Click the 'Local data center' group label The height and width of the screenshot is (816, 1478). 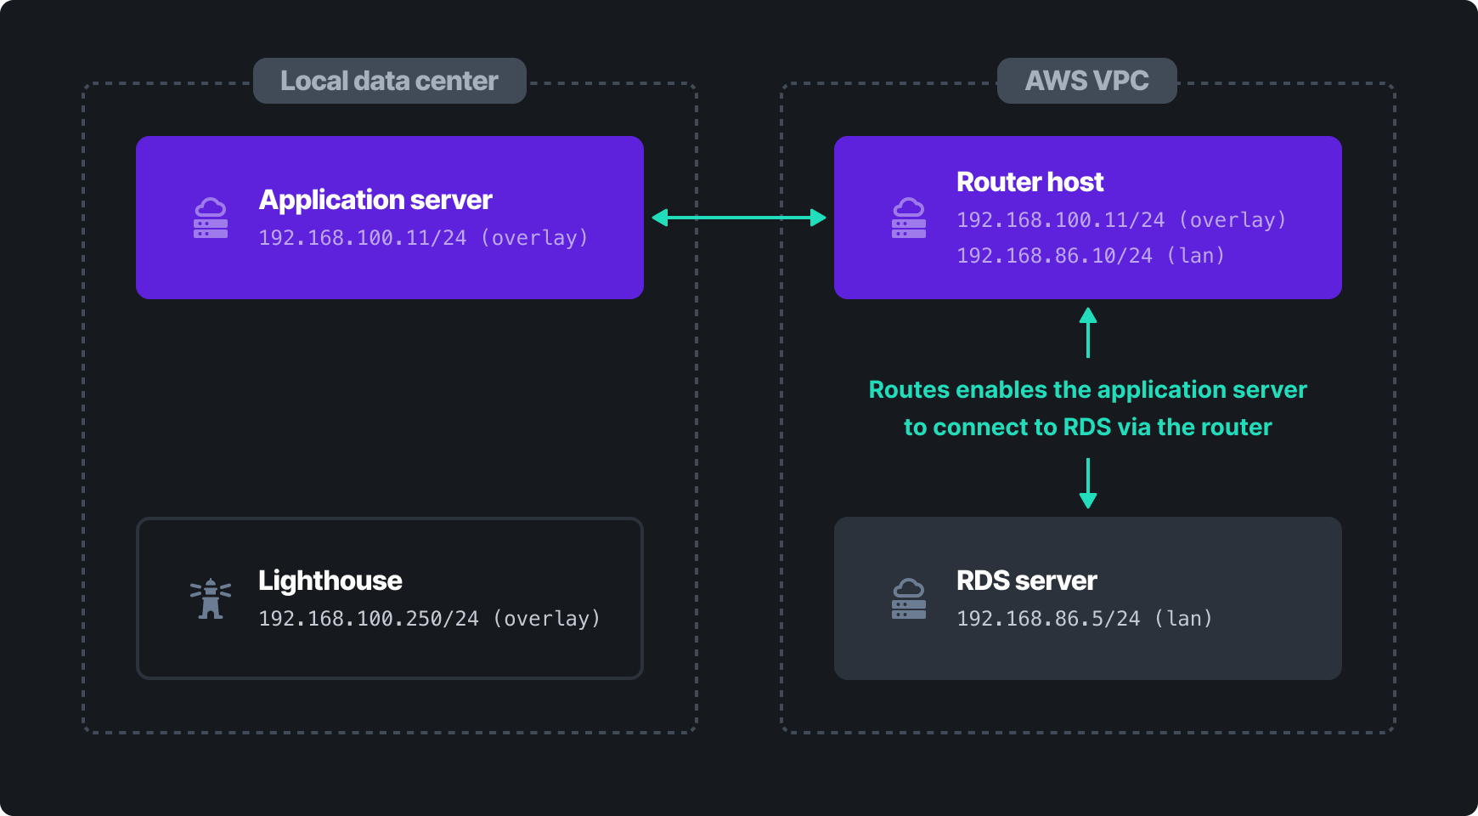[389, 81]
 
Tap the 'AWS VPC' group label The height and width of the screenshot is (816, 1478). [1086, 81]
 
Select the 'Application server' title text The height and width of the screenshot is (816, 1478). [375, 200]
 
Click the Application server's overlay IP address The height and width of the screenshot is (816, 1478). [363, 238]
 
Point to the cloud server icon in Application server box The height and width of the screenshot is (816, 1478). [211, 218]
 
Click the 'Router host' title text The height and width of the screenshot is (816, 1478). [1030, 182]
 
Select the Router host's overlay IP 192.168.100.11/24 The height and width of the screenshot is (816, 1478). [1060, 220]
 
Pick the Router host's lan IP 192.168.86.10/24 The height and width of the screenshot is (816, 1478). [1054, 256]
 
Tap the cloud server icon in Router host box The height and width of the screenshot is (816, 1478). [908, 218]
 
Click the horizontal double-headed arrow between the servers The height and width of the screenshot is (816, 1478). [739, 218]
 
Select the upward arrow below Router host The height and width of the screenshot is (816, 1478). [1087, 332]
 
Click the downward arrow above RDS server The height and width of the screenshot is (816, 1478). [1087, 483]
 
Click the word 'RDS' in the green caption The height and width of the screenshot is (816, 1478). [1087, 427]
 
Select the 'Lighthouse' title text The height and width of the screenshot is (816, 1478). [330, 581]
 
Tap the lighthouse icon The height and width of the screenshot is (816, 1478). [211, 598]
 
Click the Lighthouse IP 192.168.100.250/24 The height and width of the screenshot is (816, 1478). [369, 619]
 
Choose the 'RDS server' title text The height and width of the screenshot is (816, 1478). [1026, 581]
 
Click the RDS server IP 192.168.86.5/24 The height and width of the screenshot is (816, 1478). [1048, 619]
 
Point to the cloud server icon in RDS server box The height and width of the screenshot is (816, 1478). [908, 599]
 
